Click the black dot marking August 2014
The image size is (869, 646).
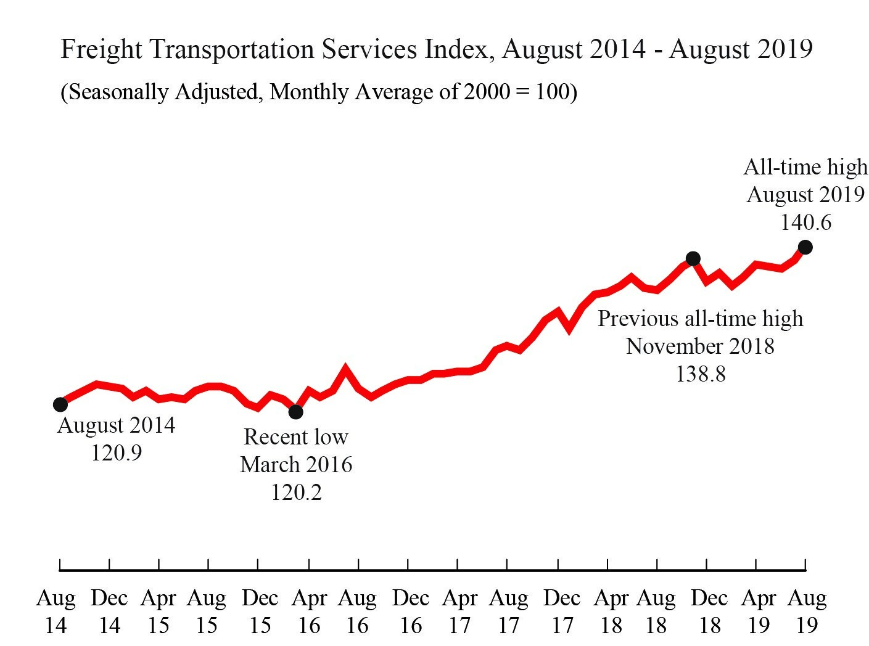pyautogui.click(x=60, y=404)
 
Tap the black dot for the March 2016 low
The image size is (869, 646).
pyautogui.click(x=296, y=411)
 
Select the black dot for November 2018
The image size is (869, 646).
pyautogui.click(x=693, y=258)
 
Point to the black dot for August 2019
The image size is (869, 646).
pyautogui.click(x=805, y=247)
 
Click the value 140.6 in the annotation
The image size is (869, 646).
pyautogui.click(x=805, y=223)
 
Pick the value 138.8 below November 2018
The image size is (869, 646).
pyautogui.click(x=701, y=374)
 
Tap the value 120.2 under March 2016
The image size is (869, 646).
pyautogui.click(x=297, y=492)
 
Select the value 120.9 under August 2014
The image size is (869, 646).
pyautogui.click(x=117, y=453)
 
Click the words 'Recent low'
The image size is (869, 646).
pyautogui.click(x=296, y=437)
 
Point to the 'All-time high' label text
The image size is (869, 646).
pyautogui.click(x=805, y=167)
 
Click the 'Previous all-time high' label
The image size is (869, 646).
pyautogui.click(x=701, y=319)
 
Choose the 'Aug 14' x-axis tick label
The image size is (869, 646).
pyautogui.click(x=56, y=611)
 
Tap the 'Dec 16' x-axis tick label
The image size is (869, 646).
pyautogui.click(x=411, y=611)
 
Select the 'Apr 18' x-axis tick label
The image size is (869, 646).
pyautogui.click(x=611, y=611)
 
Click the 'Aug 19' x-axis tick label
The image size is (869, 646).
pyautogui.click(x=807, y=611)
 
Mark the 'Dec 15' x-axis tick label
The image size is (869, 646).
pyautogui.click(x=260, y=611)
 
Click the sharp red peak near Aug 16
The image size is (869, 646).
pyautogui.click(x=345, y=369)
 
